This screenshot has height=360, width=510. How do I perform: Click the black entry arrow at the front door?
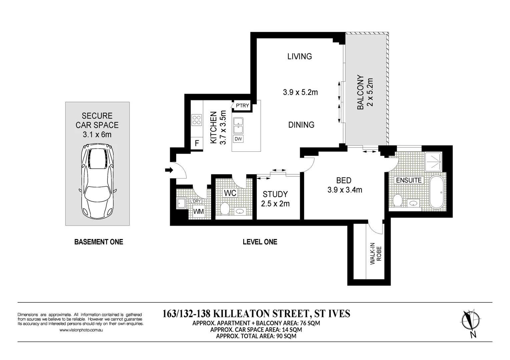click(169, 170)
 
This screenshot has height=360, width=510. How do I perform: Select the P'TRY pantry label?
click(242, 106)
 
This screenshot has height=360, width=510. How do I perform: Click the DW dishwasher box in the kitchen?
click(238, 139)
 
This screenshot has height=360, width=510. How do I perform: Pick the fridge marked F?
click(197, 144)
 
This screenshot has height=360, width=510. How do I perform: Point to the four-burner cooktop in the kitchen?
click(197, 120)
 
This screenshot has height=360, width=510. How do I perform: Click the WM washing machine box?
click(198, 212)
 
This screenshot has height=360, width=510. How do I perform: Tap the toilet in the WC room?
click(225, 209)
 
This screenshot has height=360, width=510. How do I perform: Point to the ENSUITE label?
click(409, 180)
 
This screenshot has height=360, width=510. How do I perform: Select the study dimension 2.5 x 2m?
click(275, 204)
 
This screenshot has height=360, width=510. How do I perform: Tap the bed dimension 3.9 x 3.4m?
click(345, 190)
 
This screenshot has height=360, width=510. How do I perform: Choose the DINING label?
click(301, 125)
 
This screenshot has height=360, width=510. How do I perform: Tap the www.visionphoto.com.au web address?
click(81, 330)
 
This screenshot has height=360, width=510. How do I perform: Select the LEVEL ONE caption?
click(260, 242)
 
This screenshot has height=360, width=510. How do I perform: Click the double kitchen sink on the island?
click(238, 125)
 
